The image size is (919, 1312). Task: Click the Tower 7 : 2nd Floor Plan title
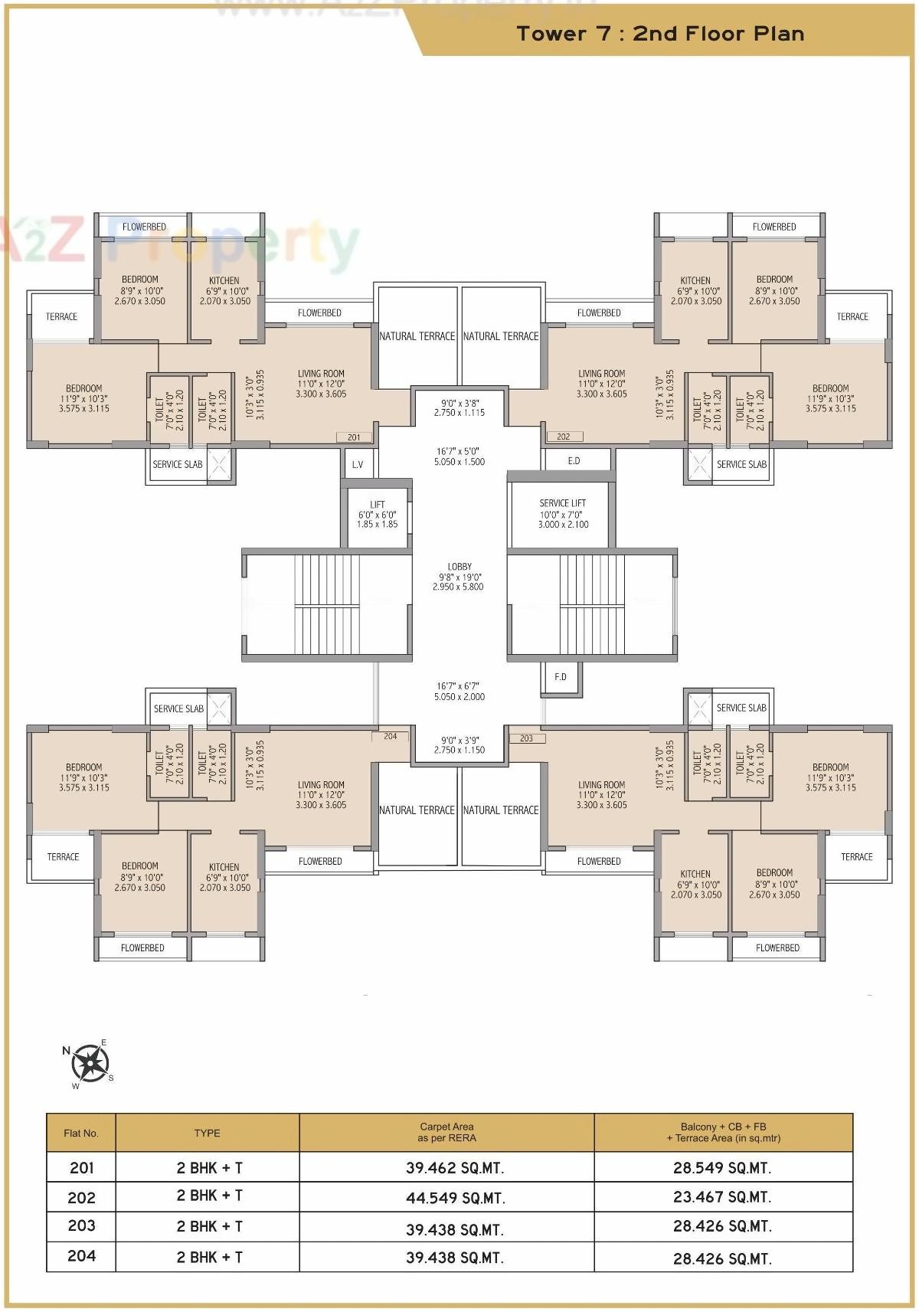click(x=660, y=34)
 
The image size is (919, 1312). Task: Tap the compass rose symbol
click(x=90, y=1062)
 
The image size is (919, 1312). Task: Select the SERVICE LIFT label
click(x=563, y=503)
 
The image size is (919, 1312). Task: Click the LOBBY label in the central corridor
click(x=459, y=567)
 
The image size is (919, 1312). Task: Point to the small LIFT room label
click(x=378, y=505)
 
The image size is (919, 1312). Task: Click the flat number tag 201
click(x=354, y=437)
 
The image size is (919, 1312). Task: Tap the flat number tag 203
click(x=526, y=738)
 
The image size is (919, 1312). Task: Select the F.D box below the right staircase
click(x=561, y=677)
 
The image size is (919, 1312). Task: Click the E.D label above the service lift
click(x=574, y=461)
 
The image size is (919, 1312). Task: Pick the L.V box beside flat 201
click(x=358, y=465)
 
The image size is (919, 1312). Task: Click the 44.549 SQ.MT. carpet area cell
click(x=455, y=1198)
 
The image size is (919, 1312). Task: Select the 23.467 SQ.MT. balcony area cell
click(x=722, y=1197)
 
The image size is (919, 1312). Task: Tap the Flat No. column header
click(x=81, y=1133)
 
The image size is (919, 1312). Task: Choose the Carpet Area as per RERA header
click(x=446, y=1132)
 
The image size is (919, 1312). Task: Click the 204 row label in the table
click(x=82, y=1256)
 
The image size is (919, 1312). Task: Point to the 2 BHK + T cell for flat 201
click(x=209, y=1168)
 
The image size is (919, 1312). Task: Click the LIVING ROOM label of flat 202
click(x=601, y=374)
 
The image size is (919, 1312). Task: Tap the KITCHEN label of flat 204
click(x=224, y=867)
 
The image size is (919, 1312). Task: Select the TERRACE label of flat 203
click(x=856, y=857)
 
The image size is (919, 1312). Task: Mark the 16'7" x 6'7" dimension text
click(x=459, y=686)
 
